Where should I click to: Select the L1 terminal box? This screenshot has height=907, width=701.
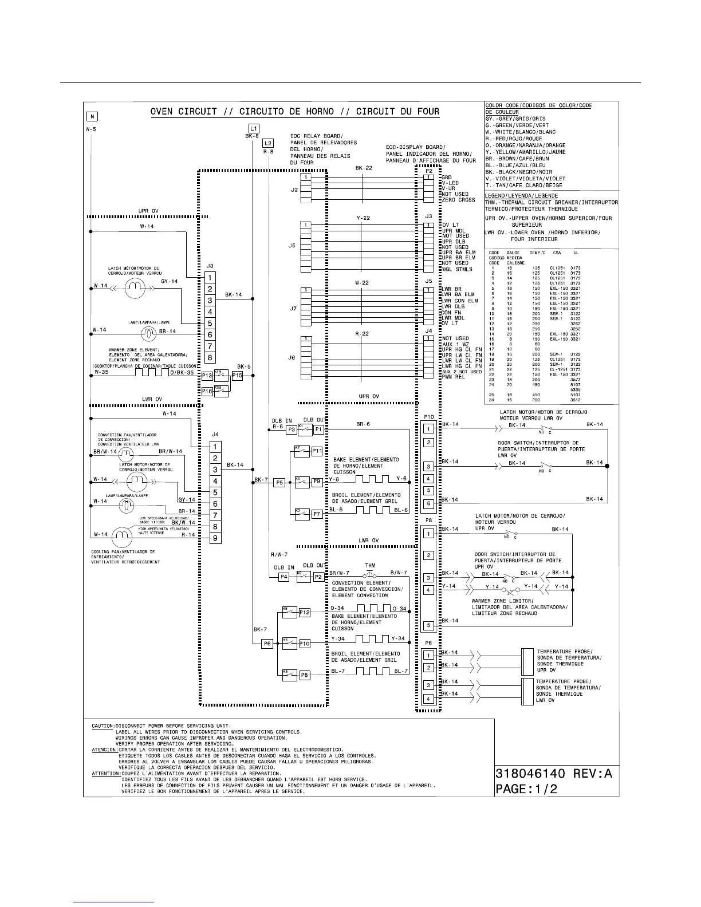[254, 128]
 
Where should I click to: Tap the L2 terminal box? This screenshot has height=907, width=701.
[268, 143]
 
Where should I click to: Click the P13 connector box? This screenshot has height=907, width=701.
[207, 376]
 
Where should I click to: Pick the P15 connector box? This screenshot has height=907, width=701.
[237, 376]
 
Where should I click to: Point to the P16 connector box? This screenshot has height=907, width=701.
[207, 391]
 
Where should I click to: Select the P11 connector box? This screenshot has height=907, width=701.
[317, 451]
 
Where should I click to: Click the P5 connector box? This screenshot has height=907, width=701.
[279, 483]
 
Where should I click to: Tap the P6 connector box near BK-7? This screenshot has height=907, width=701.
[267, 644]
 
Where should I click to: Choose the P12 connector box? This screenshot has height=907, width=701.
[305, 613]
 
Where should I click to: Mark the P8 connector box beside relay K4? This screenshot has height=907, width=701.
[305, 676]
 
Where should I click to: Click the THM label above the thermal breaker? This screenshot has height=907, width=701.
[371, 566]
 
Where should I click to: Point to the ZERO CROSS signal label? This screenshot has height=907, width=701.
[459, 200]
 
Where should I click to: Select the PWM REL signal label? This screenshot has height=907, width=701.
[454, 377]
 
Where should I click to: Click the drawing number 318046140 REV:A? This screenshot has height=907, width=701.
[554, 774]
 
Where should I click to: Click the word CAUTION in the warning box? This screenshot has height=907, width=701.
[103, 726]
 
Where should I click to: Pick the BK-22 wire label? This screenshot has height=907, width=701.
[364, 168]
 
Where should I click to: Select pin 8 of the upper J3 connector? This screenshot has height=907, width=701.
[210, 358]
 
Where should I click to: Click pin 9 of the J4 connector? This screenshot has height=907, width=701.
[215, 538]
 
